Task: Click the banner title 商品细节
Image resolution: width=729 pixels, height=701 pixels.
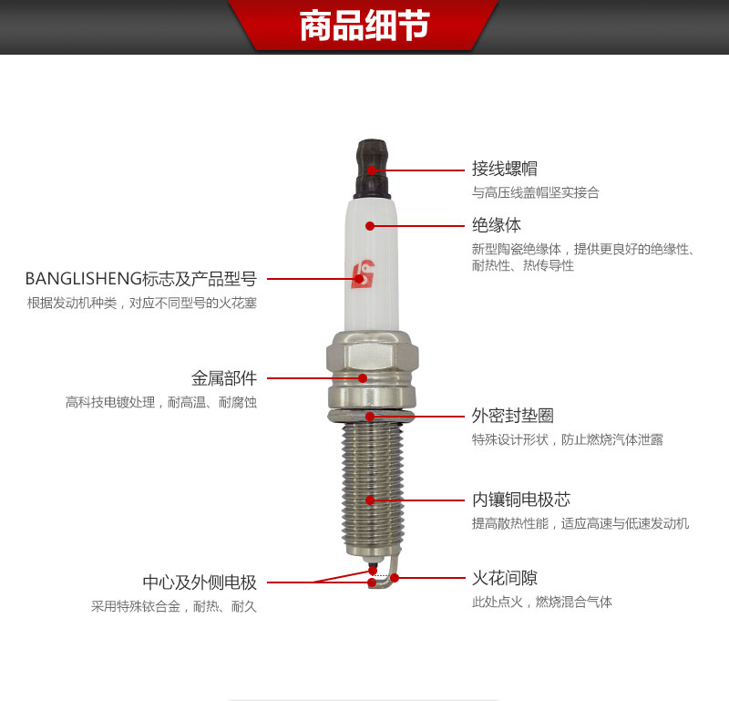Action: tap(364, 27)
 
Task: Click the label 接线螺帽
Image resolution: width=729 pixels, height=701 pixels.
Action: tap(504, 169)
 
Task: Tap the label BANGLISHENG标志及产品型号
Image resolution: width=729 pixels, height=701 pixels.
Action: tap(140, 278)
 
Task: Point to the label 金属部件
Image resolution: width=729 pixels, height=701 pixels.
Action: tap(223, 377)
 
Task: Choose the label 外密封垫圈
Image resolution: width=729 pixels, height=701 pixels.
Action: tap(512, 416)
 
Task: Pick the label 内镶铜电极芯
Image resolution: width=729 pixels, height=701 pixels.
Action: tap(520, 500)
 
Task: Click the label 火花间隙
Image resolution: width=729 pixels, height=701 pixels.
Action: tap(504, 578)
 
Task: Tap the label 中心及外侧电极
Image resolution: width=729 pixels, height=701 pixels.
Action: tap(199, 582)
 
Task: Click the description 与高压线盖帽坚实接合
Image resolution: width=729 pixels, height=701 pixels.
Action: tap(535, 193)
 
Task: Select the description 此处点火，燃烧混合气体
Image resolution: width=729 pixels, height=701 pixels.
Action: tap(541, 602)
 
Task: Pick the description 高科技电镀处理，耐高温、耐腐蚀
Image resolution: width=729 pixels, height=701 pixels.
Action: tap(160, 402)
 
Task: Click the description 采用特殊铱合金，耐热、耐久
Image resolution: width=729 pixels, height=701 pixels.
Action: tap(173, 606)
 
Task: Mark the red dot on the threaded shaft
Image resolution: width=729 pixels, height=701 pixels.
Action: tap(370, 500)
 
